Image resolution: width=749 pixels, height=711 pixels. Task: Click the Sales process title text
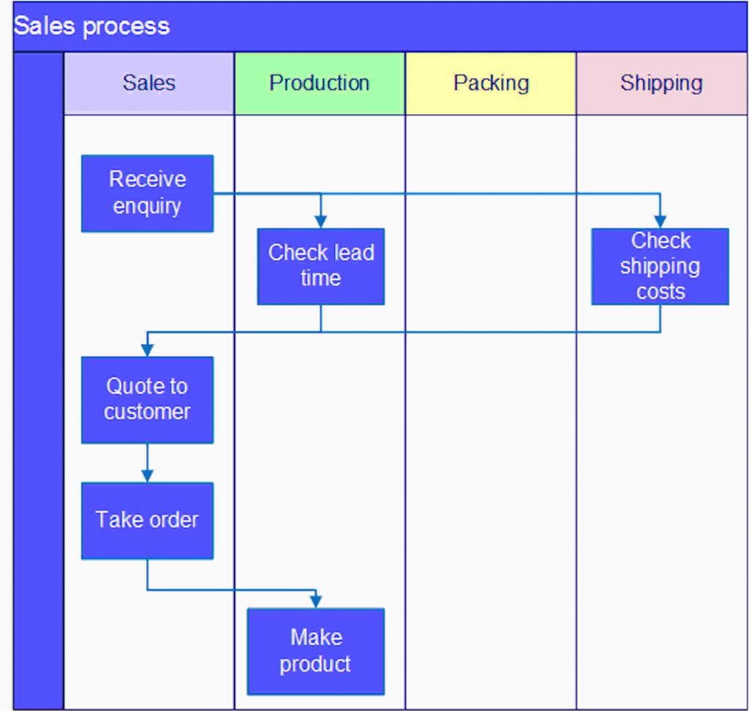[x=91, y=26]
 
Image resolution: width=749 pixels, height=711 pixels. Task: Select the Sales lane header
[x=149, y=83]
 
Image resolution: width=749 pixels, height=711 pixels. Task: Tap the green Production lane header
[x=320, y=83]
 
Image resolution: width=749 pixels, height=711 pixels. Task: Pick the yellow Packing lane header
[x=491, y=83]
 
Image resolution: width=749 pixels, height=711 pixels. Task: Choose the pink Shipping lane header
[x=661, y=83]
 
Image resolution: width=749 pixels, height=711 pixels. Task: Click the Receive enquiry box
[x=147, y=193]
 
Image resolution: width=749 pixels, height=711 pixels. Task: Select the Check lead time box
[x=320, y=266]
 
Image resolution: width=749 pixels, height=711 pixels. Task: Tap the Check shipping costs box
[x=660, y=266]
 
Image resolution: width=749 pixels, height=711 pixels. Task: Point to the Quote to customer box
[x=147, y=399]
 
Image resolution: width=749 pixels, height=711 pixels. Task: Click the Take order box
[x=147, y=520]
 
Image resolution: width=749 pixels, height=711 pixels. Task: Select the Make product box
[x=315, y=651]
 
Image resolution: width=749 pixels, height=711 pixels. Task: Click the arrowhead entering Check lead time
[x=320, y=222]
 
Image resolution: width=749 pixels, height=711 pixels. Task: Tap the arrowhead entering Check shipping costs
[x=660, y=222]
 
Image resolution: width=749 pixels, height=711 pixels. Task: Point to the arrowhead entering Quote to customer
[x=147, y=350]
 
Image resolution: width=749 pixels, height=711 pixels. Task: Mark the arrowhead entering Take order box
[x=147, y=476]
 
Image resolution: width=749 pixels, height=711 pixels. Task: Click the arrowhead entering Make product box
[x=315, y=601]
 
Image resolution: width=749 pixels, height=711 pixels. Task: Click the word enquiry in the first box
[x=147, y=206]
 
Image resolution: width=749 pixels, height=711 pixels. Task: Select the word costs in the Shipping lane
[x=660, y=291]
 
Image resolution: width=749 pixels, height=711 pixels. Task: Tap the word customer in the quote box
[x=147, y=412]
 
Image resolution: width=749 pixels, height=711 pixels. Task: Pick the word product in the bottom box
[x=315, y=664]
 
